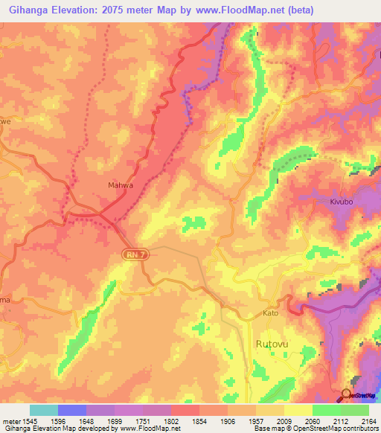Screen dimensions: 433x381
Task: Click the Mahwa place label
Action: [x=111, y=187]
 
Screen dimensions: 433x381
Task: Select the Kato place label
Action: [x=270, y=313]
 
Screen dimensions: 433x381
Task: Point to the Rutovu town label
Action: [x=272, y=344]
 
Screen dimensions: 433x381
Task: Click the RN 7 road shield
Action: [x=132, y=254]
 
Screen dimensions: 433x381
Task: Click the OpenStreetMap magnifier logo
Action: [x=346, y=394]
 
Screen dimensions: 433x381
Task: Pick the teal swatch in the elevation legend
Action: [x=44, y=410]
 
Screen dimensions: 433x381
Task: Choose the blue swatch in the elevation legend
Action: [x=72, y=410]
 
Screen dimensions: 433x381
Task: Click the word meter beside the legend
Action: [x=11, y=420]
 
